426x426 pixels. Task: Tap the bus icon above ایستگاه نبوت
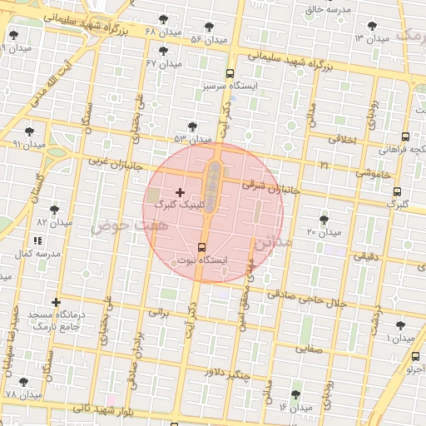(202, 247)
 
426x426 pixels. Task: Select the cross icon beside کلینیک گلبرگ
(180, 192)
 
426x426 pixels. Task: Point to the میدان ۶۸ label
(161, 32)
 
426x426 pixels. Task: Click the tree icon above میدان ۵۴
(208, 27)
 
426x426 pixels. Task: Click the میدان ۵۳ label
(192, 139)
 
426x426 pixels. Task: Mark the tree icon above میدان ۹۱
(30, 131)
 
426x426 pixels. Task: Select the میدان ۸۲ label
(53, 222)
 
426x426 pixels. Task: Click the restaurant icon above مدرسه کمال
(36, 240)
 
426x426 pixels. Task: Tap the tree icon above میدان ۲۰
(324, 219)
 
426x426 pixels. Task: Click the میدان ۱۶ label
(295, 407)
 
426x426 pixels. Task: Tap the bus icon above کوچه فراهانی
(405, 137)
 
